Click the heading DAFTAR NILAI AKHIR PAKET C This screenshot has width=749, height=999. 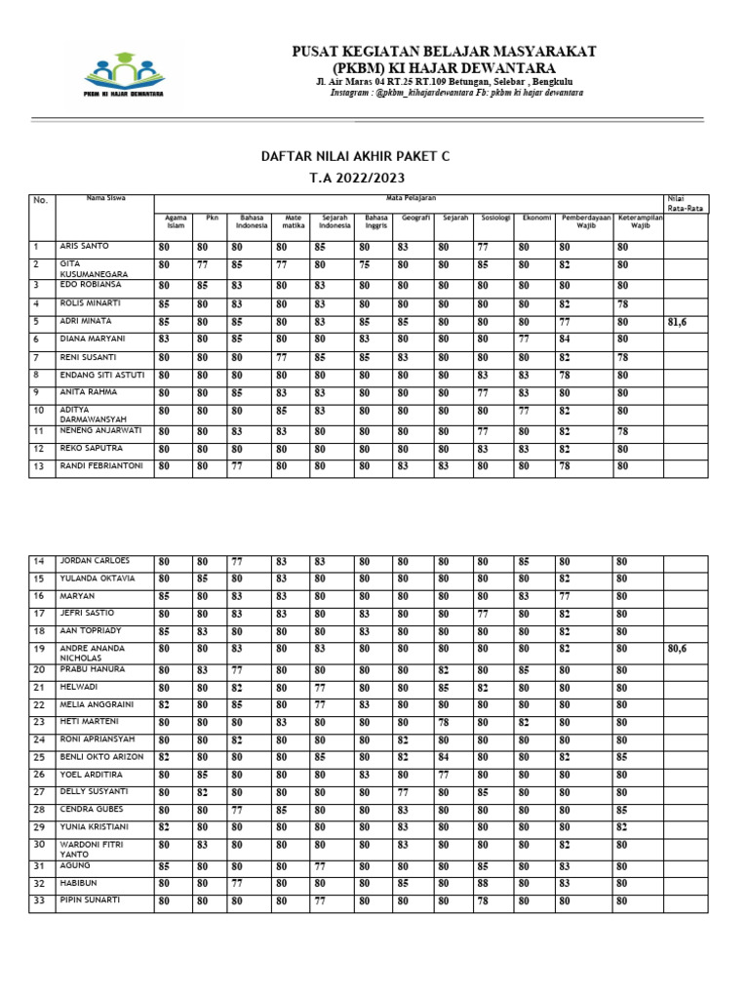pos(354,156)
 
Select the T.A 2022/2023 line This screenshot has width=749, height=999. pos(354,178)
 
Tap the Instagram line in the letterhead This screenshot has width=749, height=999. pos(456,93)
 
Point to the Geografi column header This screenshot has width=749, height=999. pos(415,218)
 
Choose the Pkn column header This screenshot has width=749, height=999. pos(212,218)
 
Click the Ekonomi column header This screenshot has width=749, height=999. pos(536,218)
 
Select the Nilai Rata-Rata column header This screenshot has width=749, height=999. pos(686,203)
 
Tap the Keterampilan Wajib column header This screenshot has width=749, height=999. pos(640,221)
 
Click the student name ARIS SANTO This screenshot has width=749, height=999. pos(85,247)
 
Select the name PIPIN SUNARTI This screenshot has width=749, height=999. pos(90,899)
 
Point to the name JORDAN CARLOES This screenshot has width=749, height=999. pos(94,561)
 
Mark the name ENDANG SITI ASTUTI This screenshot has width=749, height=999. pos(102,374)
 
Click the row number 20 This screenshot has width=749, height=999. pos(40,669)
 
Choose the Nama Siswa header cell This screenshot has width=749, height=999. pos(105,198)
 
